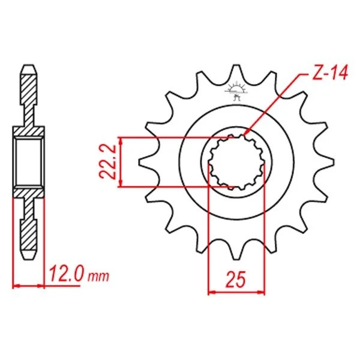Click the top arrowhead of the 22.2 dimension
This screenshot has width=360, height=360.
coord(122,140)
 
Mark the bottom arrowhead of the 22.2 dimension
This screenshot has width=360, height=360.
coord(122,184)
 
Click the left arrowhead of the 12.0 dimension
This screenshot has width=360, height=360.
coord(15,285)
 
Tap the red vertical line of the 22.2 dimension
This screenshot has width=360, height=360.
coord(122,162)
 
